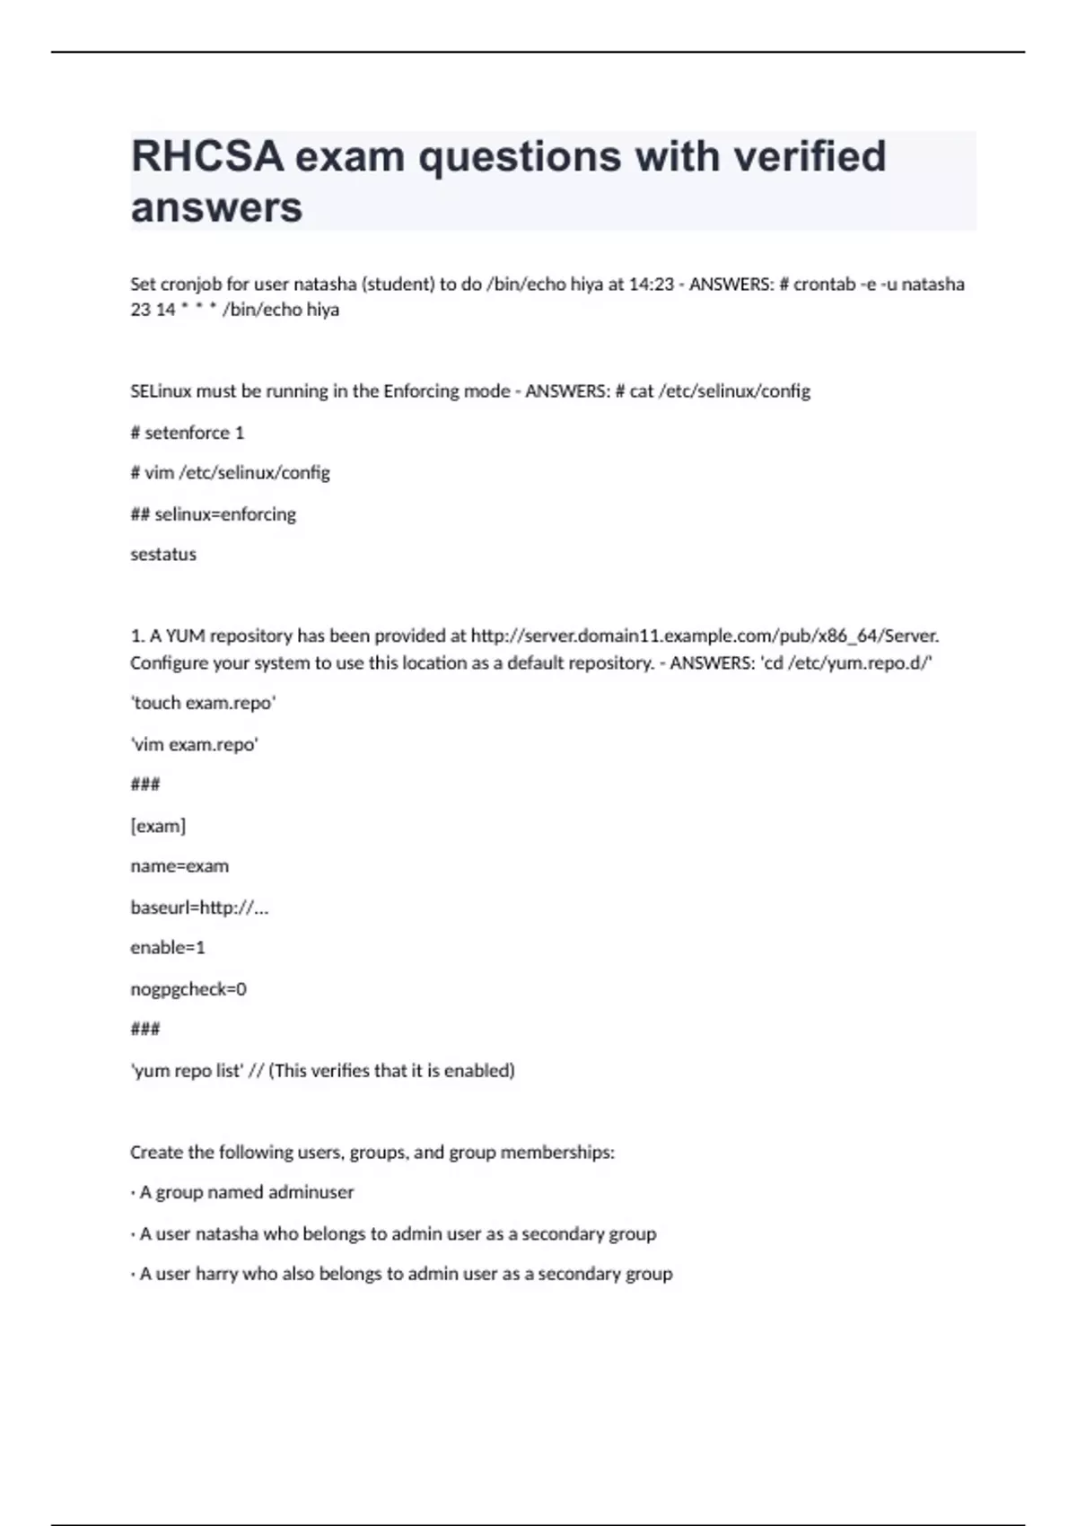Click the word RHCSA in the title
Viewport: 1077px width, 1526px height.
207,156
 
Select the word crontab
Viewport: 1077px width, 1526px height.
824,285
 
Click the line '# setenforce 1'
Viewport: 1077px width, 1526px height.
188,433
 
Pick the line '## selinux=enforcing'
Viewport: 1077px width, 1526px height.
214,514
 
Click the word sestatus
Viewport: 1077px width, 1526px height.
163,555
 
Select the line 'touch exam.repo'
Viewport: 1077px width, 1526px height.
204,703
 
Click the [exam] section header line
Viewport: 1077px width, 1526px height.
158,826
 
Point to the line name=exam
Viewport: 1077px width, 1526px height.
179,866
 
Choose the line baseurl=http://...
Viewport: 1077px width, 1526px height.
199,908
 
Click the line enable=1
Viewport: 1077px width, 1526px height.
168,948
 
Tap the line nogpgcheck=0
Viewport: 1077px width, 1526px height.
188,989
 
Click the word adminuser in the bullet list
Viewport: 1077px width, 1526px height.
311,1193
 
